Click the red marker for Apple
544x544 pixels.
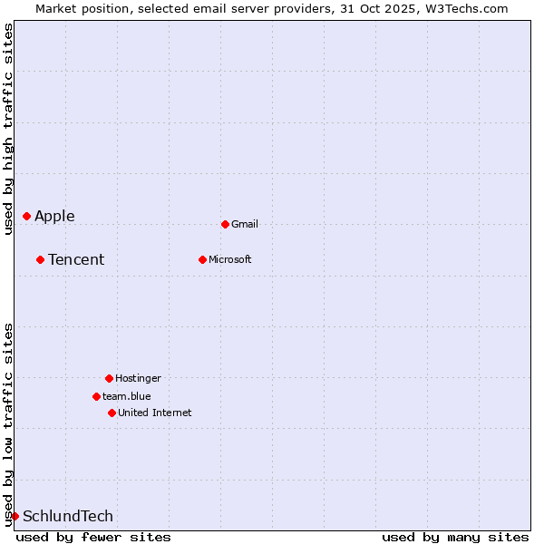(27, 216)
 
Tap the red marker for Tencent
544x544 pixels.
(40, 259)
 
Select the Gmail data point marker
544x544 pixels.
(225, 224)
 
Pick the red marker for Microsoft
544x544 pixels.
(202, 259)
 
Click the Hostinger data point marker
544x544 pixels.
(109, 378)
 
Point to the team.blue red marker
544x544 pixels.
(96, 396)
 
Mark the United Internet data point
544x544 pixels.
(112, 413)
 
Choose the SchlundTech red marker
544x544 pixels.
(15, 516)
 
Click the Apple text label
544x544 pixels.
(54, 216)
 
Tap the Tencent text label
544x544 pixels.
(76, 259)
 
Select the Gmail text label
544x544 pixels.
(245, 224)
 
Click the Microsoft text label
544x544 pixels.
(230, 259)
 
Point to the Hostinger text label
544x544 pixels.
(138, 378)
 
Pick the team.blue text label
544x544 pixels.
(127, 396)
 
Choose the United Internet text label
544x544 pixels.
(155, 413)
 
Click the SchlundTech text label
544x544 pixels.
(68, 516)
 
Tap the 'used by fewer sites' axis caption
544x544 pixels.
(93, 537)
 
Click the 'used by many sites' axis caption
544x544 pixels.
(455, 537)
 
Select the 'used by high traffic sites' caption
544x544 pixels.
(9, 129)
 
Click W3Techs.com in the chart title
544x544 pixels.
(463, 8)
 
